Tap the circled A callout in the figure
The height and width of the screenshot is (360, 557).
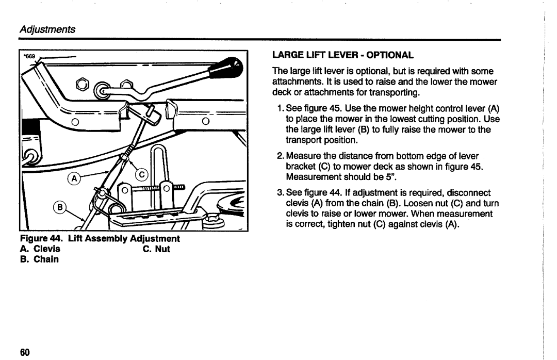[74, 178]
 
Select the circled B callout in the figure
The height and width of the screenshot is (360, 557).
[60, 207]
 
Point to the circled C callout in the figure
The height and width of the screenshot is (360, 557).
[142, 175]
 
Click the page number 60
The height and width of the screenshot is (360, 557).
[25, 352]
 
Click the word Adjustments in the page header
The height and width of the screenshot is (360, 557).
[47, 29]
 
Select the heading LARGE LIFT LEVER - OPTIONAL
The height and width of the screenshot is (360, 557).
[343, 55]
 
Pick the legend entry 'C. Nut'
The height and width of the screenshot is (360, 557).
[156, 249]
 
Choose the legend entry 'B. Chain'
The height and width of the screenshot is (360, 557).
[39, 259]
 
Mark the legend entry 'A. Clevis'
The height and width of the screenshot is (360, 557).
[40, 249]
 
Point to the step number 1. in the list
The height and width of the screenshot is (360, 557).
[281, 108]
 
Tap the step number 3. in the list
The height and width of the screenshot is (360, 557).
[281, 193]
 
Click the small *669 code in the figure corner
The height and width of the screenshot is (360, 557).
[29, 56]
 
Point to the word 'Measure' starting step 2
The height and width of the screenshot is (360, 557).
[303, 156]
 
